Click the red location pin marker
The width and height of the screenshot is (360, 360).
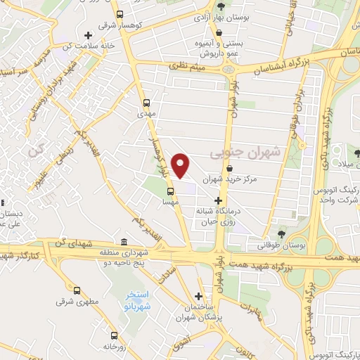coord(181,165)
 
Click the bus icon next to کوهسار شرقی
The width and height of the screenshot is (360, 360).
coord(120,15)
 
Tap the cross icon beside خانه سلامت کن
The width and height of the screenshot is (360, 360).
coord(87,35)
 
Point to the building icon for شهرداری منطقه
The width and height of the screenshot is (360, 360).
coord(124,242)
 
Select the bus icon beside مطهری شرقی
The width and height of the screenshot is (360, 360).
coord(76,290)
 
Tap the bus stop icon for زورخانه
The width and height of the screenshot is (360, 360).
coord(112,335)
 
